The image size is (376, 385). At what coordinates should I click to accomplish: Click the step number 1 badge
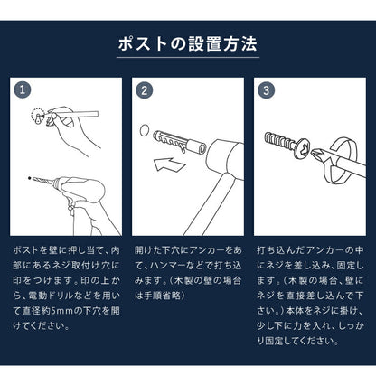pos(23,90)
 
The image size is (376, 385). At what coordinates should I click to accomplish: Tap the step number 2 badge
pos(143,90)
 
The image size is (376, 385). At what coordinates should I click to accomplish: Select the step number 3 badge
pos(265,90)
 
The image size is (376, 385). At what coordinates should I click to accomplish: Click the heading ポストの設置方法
pos(188,43)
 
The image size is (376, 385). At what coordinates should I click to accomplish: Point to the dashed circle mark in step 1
pos(38,116)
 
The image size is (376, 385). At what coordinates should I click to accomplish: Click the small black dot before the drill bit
pos(29,177)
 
